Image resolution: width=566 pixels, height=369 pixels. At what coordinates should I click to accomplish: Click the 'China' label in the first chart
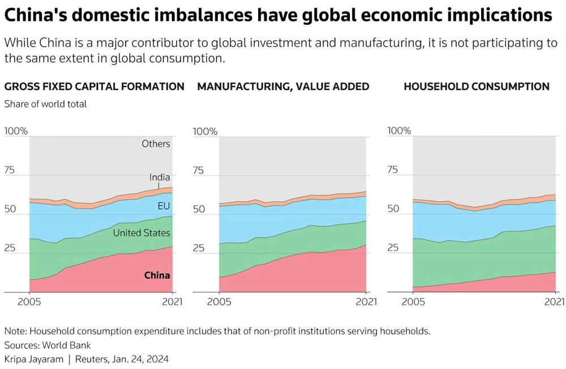tap(157, 276)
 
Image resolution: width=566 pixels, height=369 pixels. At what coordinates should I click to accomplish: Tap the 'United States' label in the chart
tap(141, 233)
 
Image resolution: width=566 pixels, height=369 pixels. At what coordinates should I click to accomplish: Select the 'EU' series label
tap(164, 206)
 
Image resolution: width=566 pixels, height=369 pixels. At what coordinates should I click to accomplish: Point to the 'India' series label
tap(160, 178)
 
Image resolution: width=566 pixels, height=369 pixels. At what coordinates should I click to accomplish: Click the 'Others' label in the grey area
tap(156, 144)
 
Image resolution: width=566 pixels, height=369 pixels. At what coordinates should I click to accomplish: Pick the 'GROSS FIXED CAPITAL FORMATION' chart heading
tap(94, 87)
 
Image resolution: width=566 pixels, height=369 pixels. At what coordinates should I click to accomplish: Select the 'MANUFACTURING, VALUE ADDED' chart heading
tap(283, 87)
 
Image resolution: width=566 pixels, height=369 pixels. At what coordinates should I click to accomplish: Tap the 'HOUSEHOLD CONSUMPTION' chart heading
tap(476, 87)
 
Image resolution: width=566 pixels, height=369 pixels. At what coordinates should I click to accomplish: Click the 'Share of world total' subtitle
tap(45, 104)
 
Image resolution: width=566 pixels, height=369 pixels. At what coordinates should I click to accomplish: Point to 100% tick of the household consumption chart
tap(399, 131)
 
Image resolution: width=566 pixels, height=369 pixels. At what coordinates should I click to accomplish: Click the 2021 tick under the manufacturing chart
tap(366, 302)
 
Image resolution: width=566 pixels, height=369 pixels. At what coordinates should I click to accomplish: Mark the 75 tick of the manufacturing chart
tap(198, 170)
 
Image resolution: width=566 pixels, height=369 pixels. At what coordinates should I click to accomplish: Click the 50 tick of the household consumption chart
tap(393, 209)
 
